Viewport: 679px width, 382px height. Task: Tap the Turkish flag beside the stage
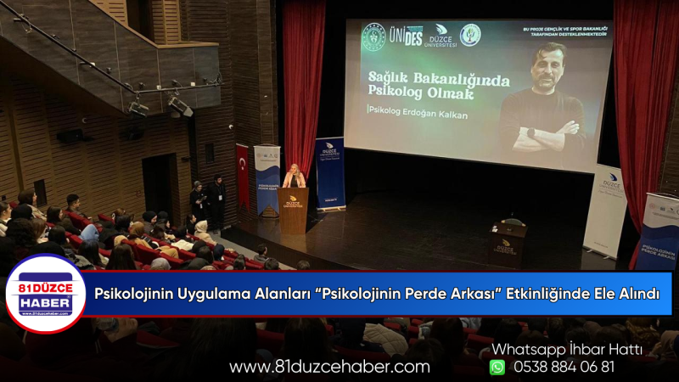point(243,174)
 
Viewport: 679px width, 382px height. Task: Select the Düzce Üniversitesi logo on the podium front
point(293,202)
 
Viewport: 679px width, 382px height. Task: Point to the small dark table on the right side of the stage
point(509,244)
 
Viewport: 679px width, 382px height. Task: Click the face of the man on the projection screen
point(548,67)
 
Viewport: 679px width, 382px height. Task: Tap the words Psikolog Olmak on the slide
point(419,93)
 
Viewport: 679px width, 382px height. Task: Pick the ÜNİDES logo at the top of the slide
point(412,35)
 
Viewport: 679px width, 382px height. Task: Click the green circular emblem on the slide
point(469,34)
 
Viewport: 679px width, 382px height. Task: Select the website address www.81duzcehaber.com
point(329,367)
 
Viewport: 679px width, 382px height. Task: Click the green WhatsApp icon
point(497,367)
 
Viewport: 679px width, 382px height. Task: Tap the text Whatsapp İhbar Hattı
point(566,348)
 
